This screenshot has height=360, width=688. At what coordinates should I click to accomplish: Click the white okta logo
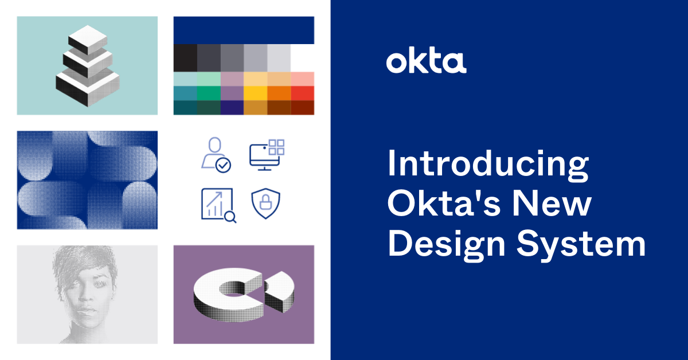coord(426,62)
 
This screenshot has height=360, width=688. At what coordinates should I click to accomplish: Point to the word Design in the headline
coord(447,245)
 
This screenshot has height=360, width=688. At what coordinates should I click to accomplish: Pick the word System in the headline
coord(581,245)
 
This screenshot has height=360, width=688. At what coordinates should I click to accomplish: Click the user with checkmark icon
coord(216,155)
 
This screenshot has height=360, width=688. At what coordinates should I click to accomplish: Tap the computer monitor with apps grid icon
coord(267,155)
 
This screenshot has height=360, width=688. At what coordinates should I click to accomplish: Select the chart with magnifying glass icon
coord(218,205)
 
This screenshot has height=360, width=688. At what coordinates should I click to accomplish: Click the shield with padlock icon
coord(265,204)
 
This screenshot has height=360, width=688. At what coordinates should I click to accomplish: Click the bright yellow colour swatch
coord(256,93)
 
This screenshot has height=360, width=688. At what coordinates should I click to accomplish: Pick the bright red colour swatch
coord(303,93)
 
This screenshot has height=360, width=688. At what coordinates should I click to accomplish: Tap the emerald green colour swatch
coord(209,93)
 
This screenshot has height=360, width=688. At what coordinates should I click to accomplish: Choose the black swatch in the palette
coord(186,58)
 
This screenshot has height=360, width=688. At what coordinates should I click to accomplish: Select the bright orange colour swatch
coord(279,93)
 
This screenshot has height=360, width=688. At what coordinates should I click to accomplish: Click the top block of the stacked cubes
coord(88,40)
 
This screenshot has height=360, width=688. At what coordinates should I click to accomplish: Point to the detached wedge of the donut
coord(280,291)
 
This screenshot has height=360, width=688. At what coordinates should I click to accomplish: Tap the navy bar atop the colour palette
coord(244,30)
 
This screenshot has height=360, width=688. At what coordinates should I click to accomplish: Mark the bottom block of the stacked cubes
coord(88,88)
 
